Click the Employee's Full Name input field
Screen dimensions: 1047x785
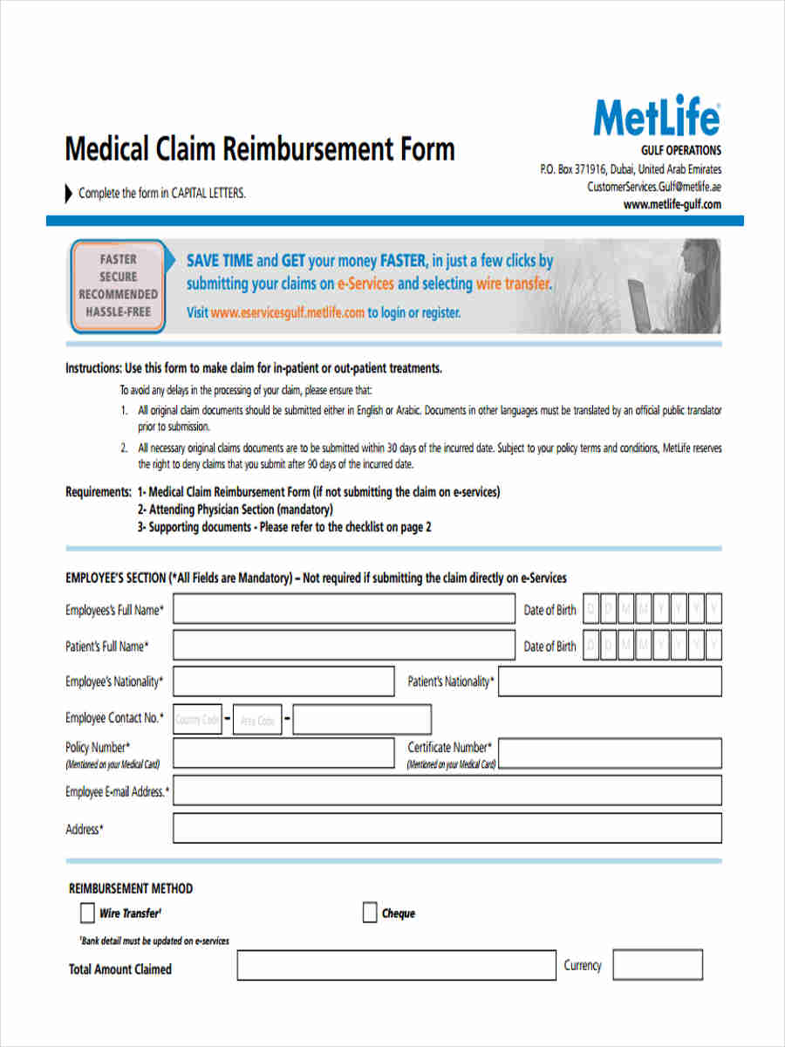(344, 609)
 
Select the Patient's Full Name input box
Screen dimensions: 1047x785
(344, 646)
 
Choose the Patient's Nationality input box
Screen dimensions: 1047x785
(610, 681)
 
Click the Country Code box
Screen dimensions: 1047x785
(197, 719)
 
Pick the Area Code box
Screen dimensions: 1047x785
(257, 720)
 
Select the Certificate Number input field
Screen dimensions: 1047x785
(610, 753)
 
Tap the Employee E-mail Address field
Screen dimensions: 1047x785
(447, 790)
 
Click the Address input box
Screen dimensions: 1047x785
(447, 828)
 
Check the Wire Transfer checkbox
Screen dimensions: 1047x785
(87, 913)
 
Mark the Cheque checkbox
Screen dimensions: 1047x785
(370, 913)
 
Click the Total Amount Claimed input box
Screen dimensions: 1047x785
(396, 966)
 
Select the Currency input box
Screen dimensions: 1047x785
(657, 965)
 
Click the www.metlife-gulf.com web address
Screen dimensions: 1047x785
(672, 205)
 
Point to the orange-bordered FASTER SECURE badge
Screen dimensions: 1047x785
(118, 285)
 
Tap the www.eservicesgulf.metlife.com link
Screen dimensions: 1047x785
(287, 312)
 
